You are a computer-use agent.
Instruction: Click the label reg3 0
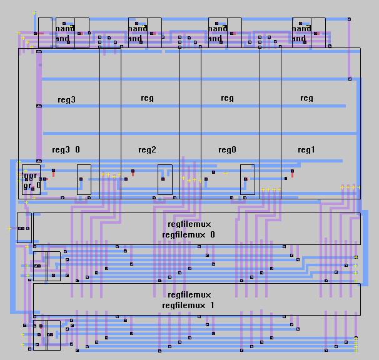tap(66, 150)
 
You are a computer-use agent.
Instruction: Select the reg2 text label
tap(147, 150)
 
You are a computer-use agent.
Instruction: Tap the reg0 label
tap(227, 150)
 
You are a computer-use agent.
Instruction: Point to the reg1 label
tap(306, 150)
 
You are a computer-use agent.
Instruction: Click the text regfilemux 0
tap(188, 235)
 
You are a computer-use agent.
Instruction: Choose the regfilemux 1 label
tap(188, 305)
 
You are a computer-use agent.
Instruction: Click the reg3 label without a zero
tap(66, 100)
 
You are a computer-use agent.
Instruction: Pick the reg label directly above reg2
tap(147, 98)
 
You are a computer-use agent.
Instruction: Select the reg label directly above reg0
tap(227, 98)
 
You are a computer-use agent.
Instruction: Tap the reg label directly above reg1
tap(306, 98)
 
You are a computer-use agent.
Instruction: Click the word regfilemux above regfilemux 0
tap(189, 224)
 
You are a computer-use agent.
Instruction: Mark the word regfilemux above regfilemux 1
tap(189, 294)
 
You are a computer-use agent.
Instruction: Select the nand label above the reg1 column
tap(301, 29)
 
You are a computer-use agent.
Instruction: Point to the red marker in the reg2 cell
tap(133, 173)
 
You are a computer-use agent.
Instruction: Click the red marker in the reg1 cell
tap(292, 173)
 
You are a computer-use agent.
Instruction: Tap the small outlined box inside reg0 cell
tap(247, 179)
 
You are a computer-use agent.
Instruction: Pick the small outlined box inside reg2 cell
tap(164, 179)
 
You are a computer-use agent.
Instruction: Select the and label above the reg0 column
tap(215, 39)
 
